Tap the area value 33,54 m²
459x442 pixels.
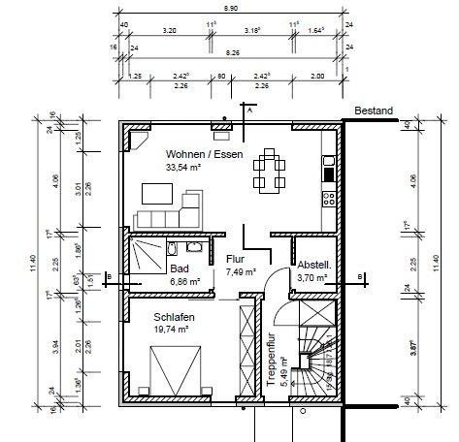pyautogui.click(x=183, y=167)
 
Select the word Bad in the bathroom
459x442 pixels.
pyautogui.click(x=179, y=269)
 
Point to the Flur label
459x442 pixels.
pyautogui.click(x=235, y=260)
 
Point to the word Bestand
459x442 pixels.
pyautogui.click(x=374, y=111)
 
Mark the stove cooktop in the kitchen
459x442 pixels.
pyautogui.click(x=329, y=198)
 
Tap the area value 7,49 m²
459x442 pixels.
pyautogui.click(x=235, y=273)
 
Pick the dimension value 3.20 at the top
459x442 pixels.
pyautogui.click(x=169, y=30)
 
